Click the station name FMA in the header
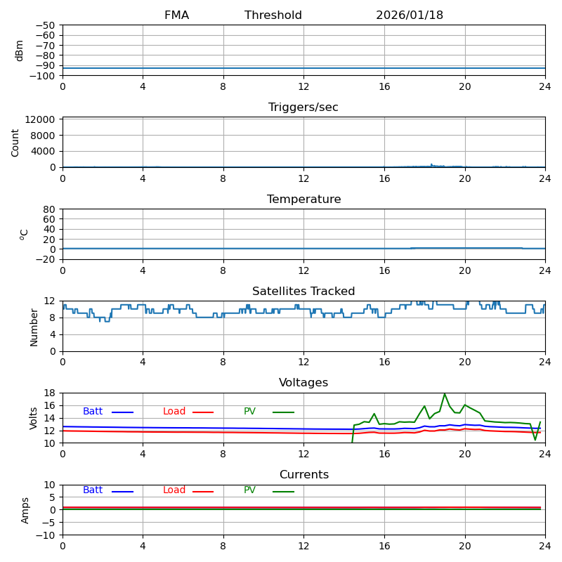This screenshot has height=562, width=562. click(176, 15)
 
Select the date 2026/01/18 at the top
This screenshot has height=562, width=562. click(410, 15)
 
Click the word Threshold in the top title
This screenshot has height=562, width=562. click(273, 15)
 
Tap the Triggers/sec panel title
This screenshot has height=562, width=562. click(303, 107)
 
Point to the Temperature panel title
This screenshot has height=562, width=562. click(303, 200)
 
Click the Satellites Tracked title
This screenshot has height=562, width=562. click(303, 292)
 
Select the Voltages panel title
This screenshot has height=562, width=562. click(303, 383)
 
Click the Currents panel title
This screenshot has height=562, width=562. click(303, 475)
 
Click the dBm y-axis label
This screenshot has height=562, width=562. click(20, 50)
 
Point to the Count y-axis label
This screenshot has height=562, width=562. click(15, 142)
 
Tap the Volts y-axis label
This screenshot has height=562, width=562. click(34, 418)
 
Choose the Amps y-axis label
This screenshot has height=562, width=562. click(25, 510)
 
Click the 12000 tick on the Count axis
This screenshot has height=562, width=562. click(41, 119)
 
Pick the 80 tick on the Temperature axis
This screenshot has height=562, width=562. click(50, 209)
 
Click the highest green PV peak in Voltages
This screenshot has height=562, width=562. click(444, 394)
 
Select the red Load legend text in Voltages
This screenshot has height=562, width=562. click(174, 412)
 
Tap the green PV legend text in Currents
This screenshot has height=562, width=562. click(250, 490)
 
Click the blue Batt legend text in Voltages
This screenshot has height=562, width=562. click(93, 412)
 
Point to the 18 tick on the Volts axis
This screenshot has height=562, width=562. click(50, 393)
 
